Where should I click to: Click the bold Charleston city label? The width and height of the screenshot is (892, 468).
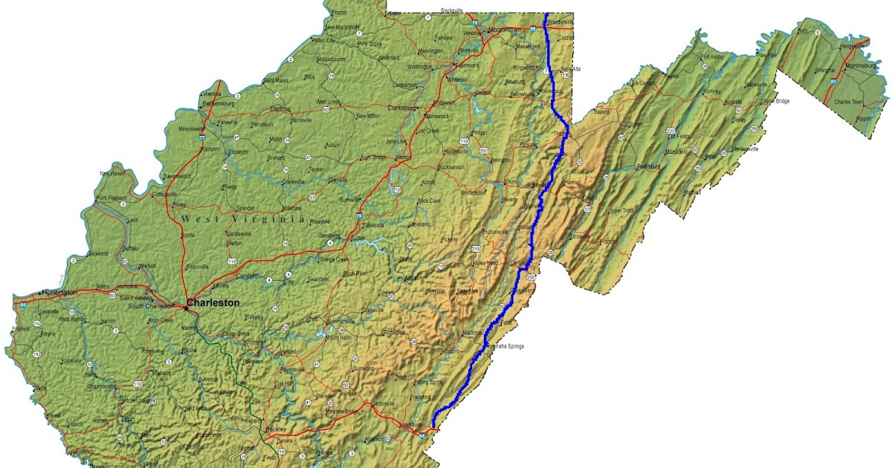click(213, 302)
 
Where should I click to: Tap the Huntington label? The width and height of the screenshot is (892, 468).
click(59, 292)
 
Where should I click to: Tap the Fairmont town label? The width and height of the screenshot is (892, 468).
click(468, 65)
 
